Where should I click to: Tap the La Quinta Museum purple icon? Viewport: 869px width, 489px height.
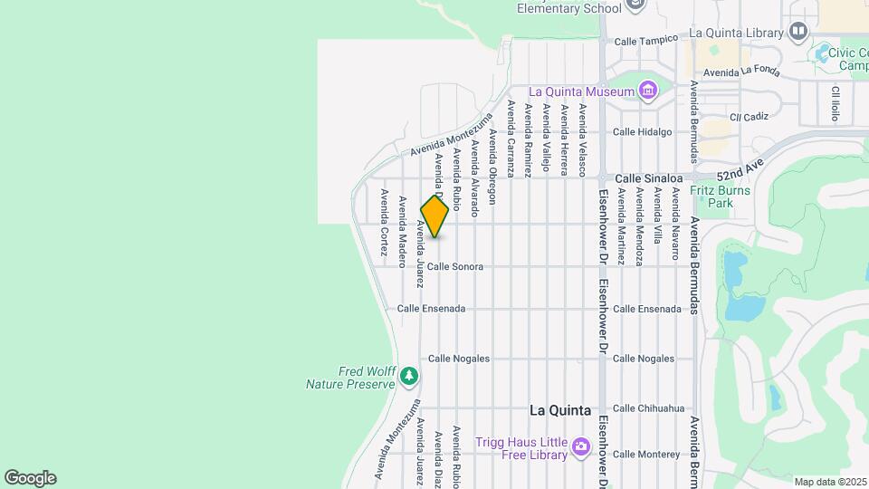(647, 91)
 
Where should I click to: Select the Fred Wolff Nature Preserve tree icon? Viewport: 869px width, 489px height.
(410, 374)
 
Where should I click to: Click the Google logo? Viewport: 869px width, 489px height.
(30, 477)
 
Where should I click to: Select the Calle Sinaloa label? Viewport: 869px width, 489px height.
(647, 179)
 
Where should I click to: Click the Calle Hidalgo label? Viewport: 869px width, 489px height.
(643, 131)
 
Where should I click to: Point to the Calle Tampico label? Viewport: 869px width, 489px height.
(646, 41)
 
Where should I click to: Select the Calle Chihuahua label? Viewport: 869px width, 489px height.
(649, 408)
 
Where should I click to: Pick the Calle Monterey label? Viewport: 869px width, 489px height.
(646, 455)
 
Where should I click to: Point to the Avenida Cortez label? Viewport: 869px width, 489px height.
(384, 224)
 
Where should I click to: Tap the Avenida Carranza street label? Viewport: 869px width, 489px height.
(511, 138)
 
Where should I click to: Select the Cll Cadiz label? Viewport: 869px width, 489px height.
(749, 117)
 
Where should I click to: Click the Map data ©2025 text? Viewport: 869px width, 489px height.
(829, 481)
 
